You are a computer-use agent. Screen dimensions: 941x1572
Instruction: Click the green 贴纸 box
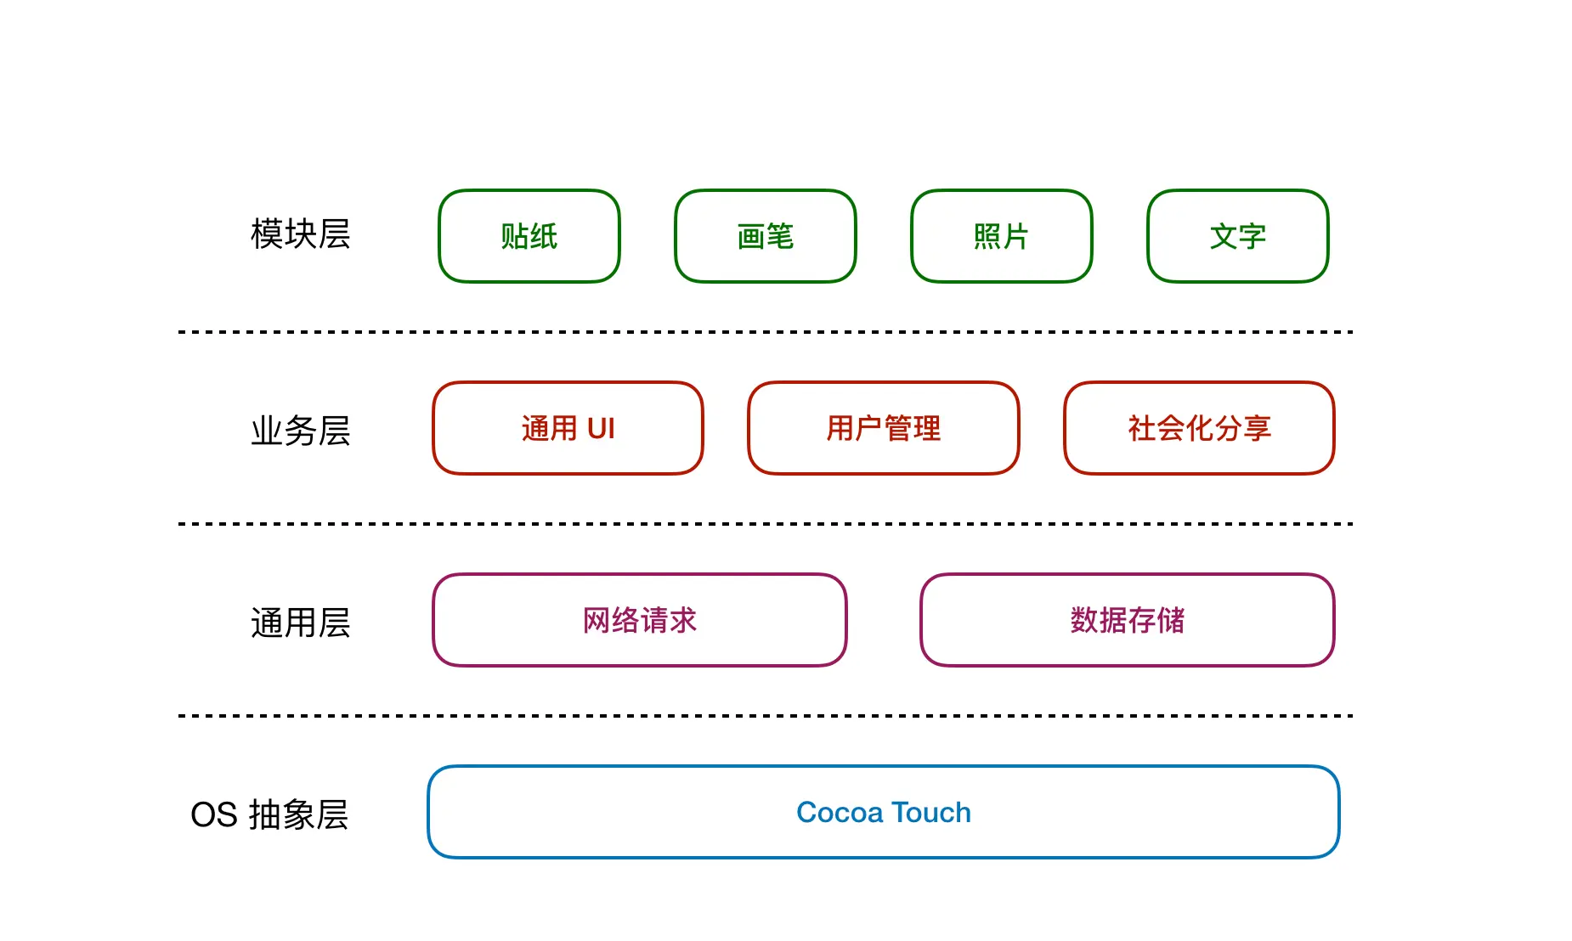click(529, 236)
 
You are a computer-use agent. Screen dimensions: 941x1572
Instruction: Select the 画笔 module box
click(765, 236)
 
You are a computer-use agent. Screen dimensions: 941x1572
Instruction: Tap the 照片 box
click(1001, 236)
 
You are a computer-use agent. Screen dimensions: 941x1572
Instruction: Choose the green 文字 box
click(1237, 236)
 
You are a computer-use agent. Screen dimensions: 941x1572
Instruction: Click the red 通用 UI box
click(568, 428)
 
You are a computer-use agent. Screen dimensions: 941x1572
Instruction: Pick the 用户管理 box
click(883, 428)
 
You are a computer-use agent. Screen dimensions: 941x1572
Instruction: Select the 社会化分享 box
click(1199, 428)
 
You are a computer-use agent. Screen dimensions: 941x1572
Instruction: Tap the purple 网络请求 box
click(639, 620)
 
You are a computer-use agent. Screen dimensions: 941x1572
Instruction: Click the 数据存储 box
click(1127, 620)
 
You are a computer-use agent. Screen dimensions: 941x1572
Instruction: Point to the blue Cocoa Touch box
click(883, 812)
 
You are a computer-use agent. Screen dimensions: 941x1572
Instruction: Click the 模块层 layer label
click(300, 234)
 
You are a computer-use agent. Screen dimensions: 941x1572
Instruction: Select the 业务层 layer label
click(300, 431)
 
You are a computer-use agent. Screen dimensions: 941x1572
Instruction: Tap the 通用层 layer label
click(300, 623)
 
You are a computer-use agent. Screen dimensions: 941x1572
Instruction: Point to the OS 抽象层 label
click(269, 814)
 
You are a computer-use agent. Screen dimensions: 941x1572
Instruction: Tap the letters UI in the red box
click(601, 429)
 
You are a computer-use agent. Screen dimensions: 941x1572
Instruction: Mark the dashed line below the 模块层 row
click(765, 332)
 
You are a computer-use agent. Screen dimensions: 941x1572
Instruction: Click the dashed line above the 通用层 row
click(765, 524)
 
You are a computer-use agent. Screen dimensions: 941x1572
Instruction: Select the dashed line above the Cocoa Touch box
click(765, 716)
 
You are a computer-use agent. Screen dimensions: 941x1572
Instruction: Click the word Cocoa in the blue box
click(840, 813)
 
